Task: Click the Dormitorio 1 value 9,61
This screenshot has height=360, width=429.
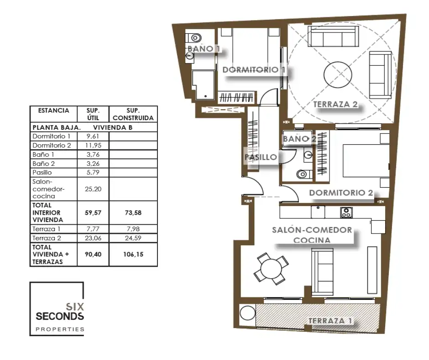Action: [x=93, y=136]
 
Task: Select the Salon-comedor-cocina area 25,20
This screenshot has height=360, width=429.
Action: [x=93, y=189]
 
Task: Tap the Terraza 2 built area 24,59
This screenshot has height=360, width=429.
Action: [x=133, y=238]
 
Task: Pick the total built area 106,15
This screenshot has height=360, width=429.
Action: [x=133, y=254]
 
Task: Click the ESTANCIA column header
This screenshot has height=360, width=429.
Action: [x=53, y=111]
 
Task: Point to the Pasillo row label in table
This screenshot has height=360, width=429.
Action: [x=42, y=172]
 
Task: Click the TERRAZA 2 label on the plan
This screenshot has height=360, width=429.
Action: [x=335, y=104]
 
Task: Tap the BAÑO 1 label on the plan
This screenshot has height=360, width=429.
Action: [x=204, y=49]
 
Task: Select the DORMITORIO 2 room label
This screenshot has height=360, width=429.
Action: [x=341, y=193]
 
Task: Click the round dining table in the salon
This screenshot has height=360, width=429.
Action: [x=271, y=269]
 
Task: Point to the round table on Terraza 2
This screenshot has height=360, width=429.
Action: [x=338, y=74]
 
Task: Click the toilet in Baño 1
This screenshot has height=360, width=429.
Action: [x=194, y=37]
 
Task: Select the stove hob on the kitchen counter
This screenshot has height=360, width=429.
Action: [x=346, y=212]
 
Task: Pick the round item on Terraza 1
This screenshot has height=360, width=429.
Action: [x=247, y=313]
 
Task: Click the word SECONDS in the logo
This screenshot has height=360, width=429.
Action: [x=60, y=316]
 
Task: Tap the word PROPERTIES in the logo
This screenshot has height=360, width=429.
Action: [x=60, y=329]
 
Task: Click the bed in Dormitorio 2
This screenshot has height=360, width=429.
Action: [x=366, y=160]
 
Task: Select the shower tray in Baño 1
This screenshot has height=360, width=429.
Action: [x=203, y=85]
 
